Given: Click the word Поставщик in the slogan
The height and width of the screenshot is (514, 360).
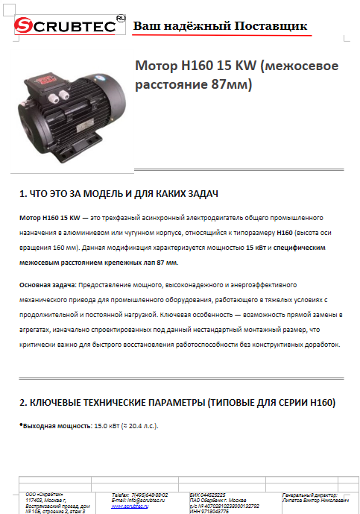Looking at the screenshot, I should pyautogui.click(x=271, y=26).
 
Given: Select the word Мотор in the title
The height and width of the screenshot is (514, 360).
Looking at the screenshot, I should pyautogui.click(x=155, y=66).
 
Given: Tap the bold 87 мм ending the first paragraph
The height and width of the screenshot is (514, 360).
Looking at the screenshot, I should pyautogui.click(x=168, y=263).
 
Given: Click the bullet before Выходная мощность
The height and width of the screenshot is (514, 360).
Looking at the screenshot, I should pyautogui.click(x=21, y=424).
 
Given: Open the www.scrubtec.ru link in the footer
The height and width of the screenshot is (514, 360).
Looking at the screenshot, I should pyautogui.click(x=127, y=506).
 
